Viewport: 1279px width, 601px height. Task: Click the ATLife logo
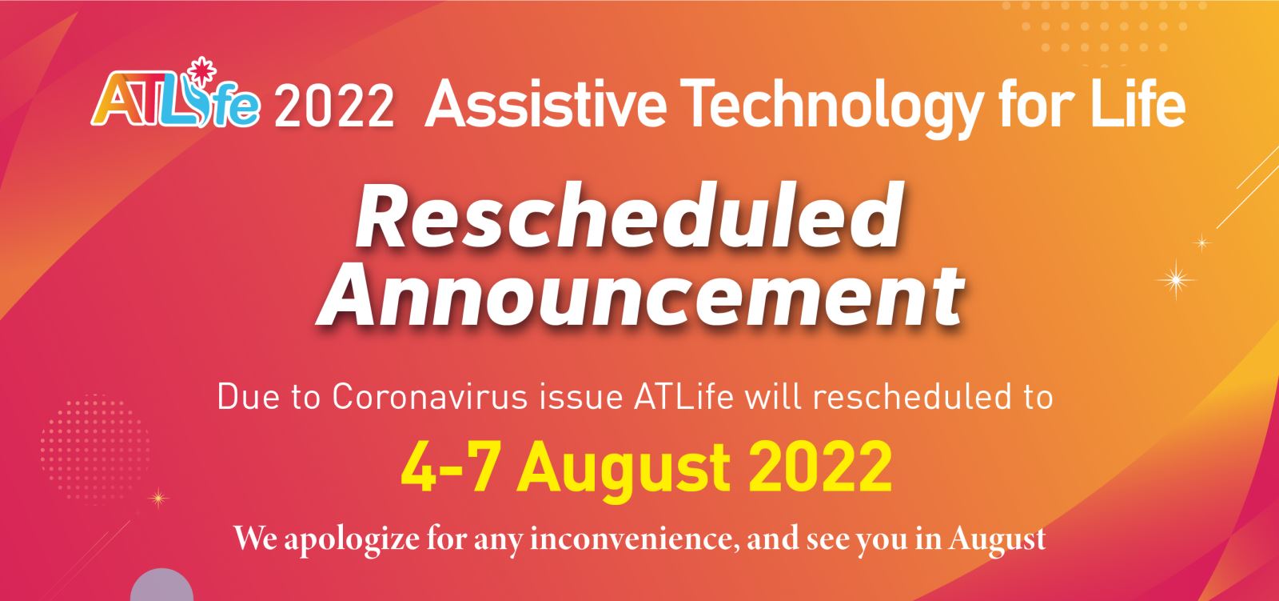176,94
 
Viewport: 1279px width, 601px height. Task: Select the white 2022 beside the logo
334,106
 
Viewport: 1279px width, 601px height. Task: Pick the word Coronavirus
430,396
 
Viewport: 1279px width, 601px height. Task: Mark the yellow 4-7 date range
448,468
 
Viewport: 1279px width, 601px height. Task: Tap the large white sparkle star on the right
1176,279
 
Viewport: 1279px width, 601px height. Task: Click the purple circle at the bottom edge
161,587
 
